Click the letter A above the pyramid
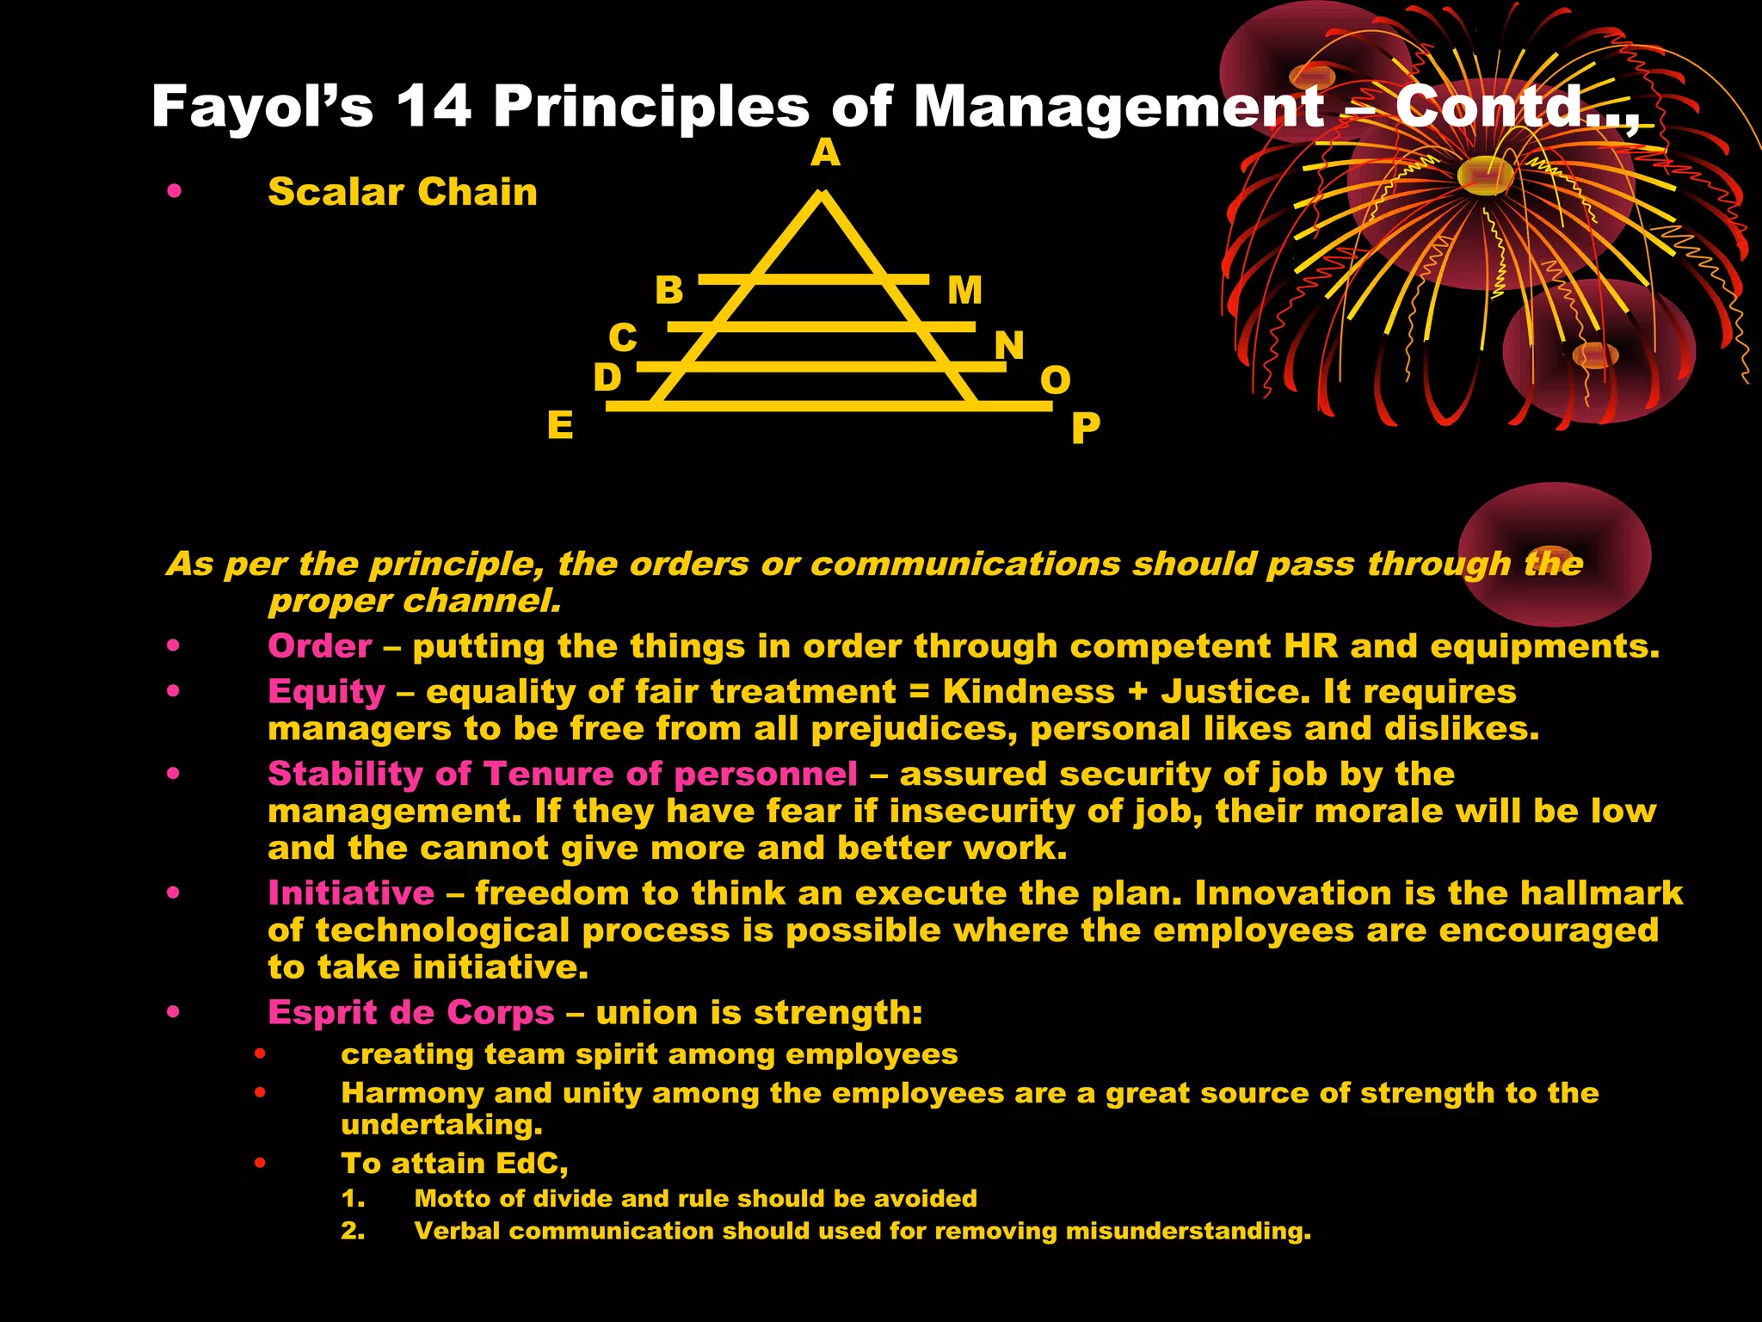point(825,153)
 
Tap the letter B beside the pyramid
point(668,290)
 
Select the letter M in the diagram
point(964,290)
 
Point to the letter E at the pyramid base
point(560,425)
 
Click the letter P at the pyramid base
point(1085,428)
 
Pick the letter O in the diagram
point(1056,380)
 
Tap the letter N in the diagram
point(1009,346)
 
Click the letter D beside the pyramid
point(607,377)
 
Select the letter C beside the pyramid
point(623,337)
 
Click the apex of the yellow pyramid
point(822,196)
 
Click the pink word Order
point(320,646)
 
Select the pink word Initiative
point(351,893)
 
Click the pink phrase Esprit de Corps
point(410,1013)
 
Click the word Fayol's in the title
point(262,107)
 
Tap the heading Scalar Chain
point(402,192)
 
